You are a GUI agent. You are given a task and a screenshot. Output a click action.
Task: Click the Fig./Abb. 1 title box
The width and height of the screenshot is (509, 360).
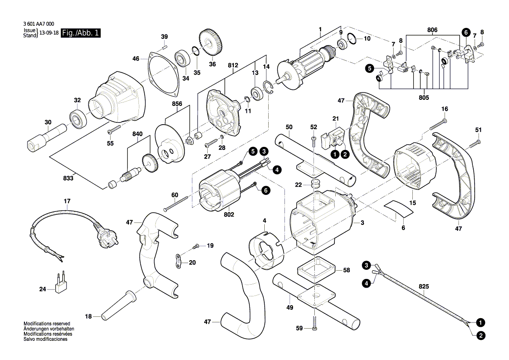(x=81, y=34)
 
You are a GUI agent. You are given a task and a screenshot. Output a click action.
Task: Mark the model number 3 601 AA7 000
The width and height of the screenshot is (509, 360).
(x=39, y=25)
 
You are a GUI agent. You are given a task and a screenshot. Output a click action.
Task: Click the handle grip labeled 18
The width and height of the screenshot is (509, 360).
(x=118, y=305)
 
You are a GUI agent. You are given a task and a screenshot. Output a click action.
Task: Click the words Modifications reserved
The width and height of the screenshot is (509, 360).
(x=47, y=323)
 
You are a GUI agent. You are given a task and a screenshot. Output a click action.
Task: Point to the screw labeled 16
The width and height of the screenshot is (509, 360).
(x=438, y=125)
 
